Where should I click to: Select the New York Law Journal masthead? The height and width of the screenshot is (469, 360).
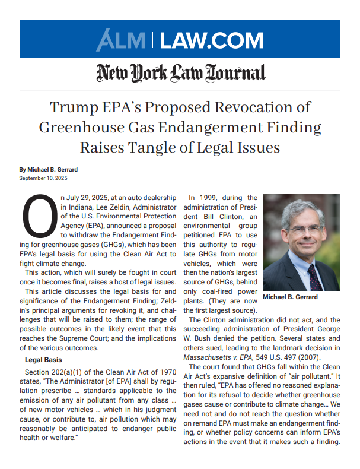click(x=180, y=72)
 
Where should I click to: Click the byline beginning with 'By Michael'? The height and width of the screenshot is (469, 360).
click(x=48, y=170)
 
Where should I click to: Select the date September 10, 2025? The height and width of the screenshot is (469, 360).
click(x=43, y=178)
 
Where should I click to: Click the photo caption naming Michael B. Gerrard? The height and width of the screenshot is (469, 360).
click(x=290, y=297)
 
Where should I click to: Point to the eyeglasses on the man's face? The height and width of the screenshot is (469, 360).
click(x=300, y=228)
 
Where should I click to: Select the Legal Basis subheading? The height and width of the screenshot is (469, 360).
click(x=44, y=360)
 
